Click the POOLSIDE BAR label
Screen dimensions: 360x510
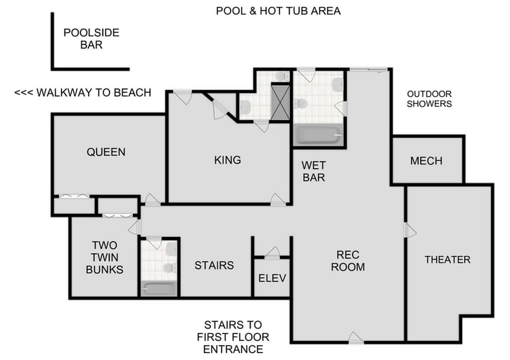[91, 38]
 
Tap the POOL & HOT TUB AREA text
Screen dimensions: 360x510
[278, 11]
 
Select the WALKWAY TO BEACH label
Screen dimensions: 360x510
[82, 93]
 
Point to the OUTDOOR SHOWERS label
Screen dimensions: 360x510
[429, 98]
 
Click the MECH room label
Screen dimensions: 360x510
[426, 161]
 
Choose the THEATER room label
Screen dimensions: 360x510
[447, 259]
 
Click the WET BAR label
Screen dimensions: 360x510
[313, 172]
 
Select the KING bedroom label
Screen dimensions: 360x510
[227, 160]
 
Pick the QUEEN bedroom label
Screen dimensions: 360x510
[106, 152]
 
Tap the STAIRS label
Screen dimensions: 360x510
[213, 266]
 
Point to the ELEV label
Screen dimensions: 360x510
[272, 278]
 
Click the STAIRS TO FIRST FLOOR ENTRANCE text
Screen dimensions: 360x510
[233, 337]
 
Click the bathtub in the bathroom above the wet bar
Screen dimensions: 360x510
[319, 135]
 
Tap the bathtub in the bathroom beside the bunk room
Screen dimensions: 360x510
[160, 288]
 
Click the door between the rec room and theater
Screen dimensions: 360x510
[407, 230]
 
